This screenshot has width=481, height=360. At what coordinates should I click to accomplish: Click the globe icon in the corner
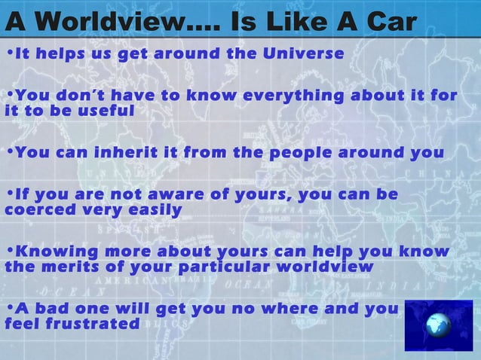pos(437,325)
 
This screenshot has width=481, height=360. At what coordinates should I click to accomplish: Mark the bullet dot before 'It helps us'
pos(8,53)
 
